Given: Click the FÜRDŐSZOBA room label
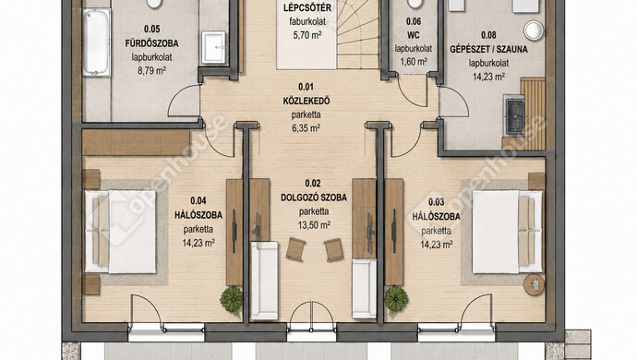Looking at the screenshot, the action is tap(151, 43).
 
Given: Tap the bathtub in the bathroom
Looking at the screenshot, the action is tap(96, 42).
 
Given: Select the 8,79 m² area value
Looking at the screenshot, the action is tap(151, 71).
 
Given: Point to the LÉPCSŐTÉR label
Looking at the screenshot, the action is tap(307, 7).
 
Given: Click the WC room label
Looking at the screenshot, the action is tap(414, 35).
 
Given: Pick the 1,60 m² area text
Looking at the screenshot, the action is tap(414, 62).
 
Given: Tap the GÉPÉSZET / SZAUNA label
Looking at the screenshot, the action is tap(488, 49).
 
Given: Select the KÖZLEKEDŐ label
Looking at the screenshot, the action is tap(306, 101).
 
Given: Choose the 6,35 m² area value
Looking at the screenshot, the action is tap(306, 128).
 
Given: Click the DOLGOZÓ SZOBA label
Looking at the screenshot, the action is tap(314, 198).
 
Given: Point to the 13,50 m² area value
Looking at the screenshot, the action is tap(314, 225).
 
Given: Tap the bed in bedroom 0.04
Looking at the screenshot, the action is tap(120, 232).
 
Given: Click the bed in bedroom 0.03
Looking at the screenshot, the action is tap(507, 232).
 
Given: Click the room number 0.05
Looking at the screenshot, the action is tap(151, 29).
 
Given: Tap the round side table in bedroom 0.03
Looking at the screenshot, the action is tap(534, 284).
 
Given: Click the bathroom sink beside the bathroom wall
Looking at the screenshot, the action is tap(213, 48).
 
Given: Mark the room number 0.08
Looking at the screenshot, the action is tap(488, 35).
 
